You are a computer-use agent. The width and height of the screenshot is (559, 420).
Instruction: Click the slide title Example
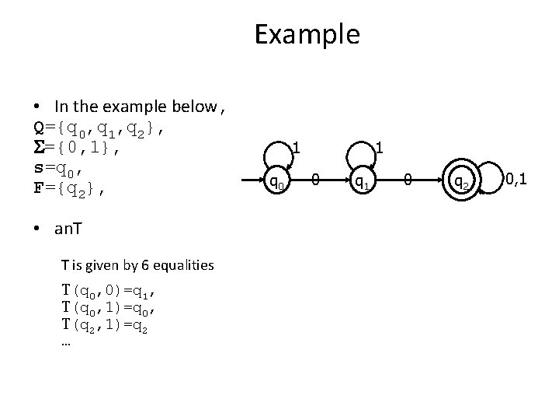[307, 34]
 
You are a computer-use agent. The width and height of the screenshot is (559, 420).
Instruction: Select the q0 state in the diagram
[276, 182]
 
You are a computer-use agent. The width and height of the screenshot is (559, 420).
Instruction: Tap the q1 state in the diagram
[361, 182]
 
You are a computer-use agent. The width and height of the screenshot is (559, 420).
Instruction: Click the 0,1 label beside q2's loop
[517, 180]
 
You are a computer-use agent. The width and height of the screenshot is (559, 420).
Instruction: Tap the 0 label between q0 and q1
[315, 182]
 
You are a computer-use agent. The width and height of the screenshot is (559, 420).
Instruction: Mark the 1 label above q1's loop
[379, 146]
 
